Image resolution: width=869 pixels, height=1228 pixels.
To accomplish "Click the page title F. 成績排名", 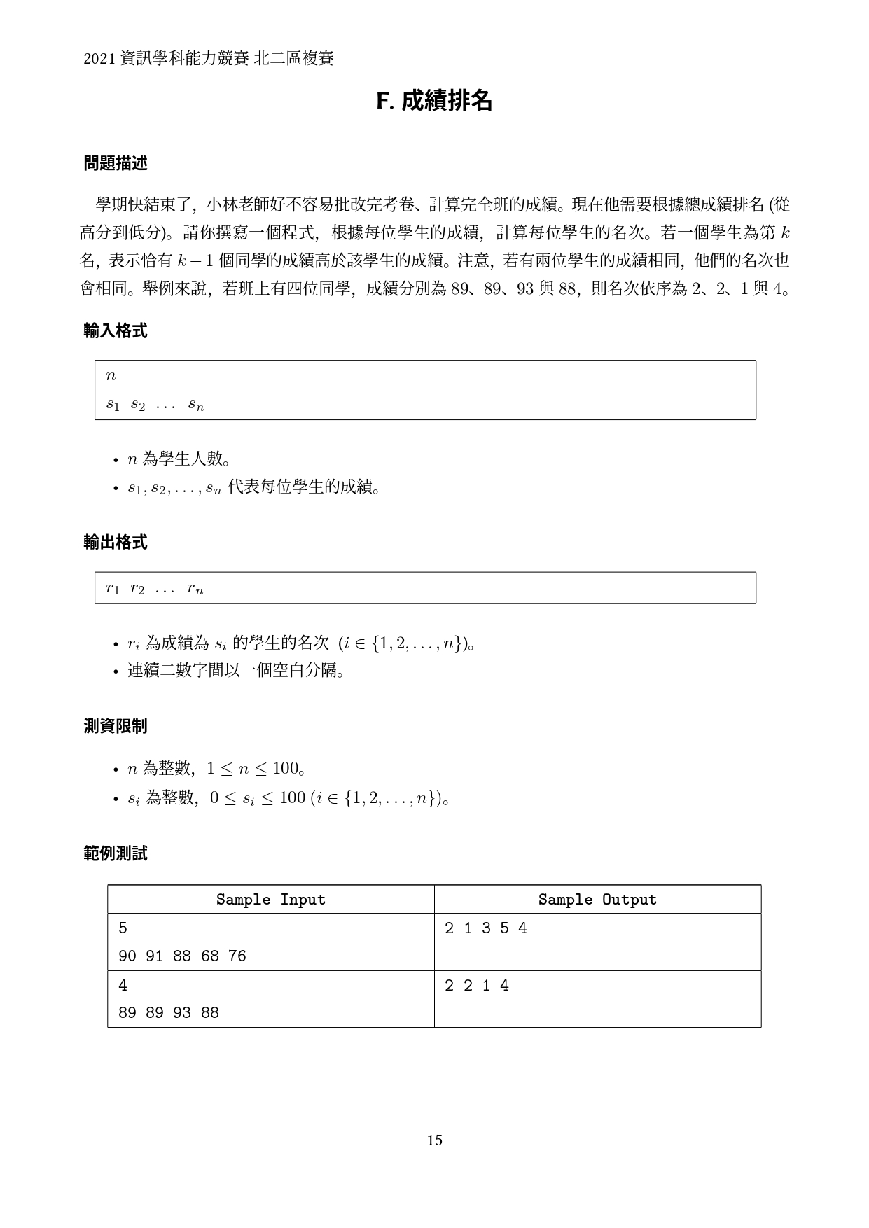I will coord(434,102).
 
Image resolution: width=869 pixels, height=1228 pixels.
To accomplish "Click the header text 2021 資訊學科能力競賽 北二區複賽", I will coord(208,59).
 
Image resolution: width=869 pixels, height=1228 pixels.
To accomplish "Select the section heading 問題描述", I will coord(116,164).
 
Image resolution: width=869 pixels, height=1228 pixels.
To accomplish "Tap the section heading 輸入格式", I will coord(116,331).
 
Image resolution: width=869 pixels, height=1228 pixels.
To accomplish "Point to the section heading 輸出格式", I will coord(116,543).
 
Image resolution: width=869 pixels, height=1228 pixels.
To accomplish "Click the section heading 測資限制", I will coord(116,727).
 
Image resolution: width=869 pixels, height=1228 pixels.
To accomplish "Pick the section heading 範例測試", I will coord(116,853).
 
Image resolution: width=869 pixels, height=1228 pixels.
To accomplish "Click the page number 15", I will coord(434,1140).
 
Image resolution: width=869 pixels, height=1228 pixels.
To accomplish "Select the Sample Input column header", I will coord(270,900).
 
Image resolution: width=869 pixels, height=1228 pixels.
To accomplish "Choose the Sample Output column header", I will coord(597,900).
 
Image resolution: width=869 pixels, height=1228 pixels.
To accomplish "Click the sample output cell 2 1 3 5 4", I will coord(485,928).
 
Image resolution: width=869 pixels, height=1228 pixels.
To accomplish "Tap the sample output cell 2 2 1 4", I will coord(476,986).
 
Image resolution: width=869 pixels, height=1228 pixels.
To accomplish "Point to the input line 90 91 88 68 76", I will coord(182,956).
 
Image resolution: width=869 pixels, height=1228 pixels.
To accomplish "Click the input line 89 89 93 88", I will coord(169,1013).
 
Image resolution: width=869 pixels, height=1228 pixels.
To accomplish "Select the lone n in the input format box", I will coord(111,376).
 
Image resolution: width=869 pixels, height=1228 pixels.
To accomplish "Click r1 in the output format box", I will coord(113,589).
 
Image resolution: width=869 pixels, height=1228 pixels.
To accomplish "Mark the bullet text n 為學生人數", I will coord(179,459).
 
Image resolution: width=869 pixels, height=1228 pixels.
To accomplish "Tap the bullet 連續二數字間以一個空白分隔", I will coord(235,671).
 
